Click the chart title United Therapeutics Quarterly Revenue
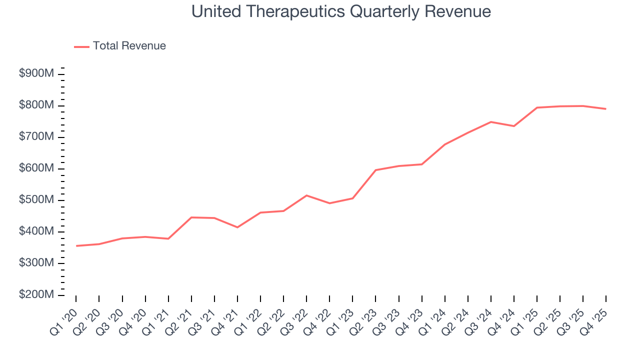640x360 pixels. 341,12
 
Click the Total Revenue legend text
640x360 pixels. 129,46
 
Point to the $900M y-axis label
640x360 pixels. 36,73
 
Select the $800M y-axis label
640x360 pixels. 36,105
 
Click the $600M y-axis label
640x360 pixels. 36,168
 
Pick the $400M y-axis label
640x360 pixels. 36,231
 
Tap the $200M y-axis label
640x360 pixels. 36,295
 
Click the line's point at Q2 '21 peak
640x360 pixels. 191,217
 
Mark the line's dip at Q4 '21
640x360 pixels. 237,227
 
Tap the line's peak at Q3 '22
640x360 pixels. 306,195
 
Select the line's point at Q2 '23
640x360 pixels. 375,170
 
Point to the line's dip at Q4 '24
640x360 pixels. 514,126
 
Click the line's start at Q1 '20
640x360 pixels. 76,246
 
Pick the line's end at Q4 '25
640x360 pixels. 606,109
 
